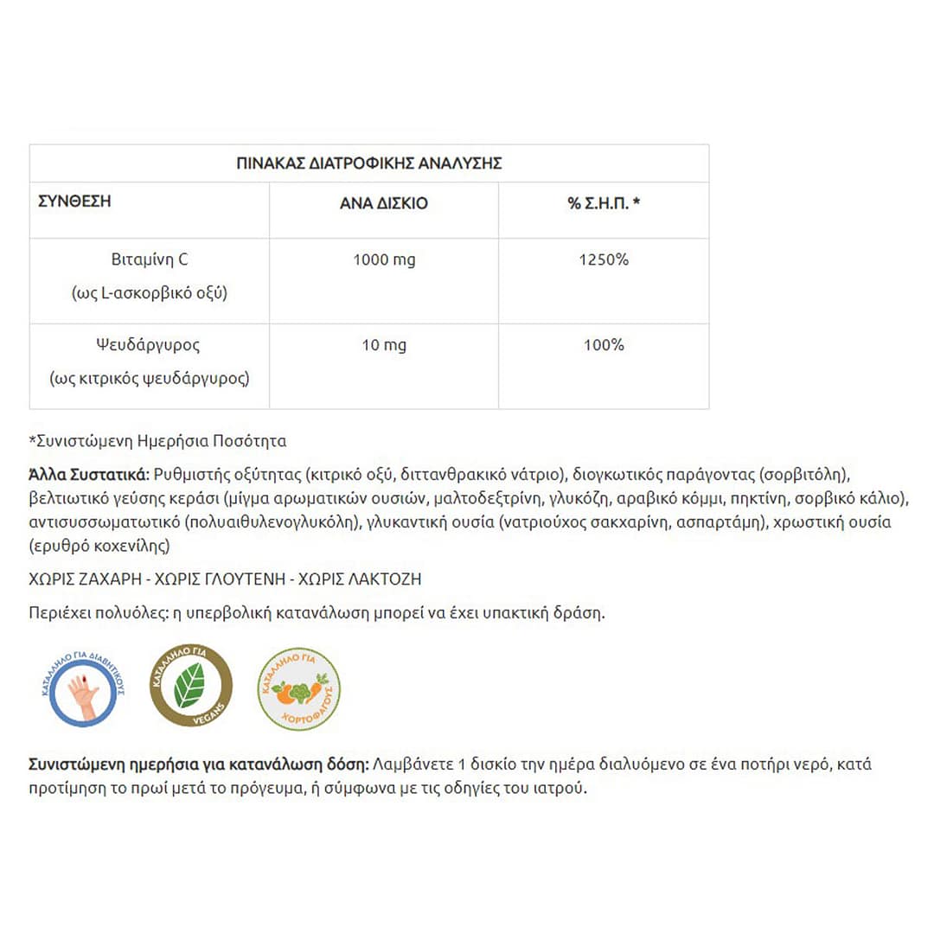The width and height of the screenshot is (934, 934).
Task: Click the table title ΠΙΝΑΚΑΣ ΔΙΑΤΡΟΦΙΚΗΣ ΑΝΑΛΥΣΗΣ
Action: pyautogui.click(x=369, y=163)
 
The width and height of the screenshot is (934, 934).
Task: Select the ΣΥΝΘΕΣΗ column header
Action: pyautogui.click(x=75, y=203)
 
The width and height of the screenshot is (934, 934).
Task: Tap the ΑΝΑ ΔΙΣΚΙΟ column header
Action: pyautogui.click(x=383, y=204)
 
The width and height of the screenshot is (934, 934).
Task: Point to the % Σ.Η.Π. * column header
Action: pyautogui.click(x=604, y=204)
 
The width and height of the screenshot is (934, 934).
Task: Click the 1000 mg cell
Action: pyautogui.click(x=383, y=259)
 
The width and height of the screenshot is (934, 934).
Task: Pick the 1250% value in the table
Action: pyautogui.click(x=604, y=259)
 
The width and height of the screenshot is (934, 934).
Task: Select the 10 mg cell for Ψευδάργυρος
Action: pyautogui.click(x=383, y=345)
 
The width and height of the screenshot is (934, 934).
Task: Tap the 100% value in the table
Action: pyautogui.click(x=604, y=345)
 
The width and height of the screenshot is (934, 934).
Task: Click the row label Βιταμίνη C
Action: pyautogui.click(x=150, y=259)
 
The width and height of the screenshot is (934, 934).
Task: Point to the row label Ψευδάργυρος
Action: pyautogui.click(x=150, y=345)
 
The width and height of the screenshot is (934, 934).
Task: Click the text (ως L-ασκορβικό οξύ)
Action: pyautogui.click(x=150, y=293)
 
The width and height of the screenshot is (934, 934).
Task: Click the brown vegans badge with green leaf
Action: pyautogui.click(x=191, y=687)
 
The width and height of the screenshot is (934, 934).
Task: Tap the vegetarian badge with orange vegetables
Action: pyautogui.click(x=299, y=688)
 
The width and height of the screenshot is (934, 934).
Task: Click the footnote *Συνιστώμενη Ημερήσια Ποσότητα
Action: pyautogui.click(x=157, y=441)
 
